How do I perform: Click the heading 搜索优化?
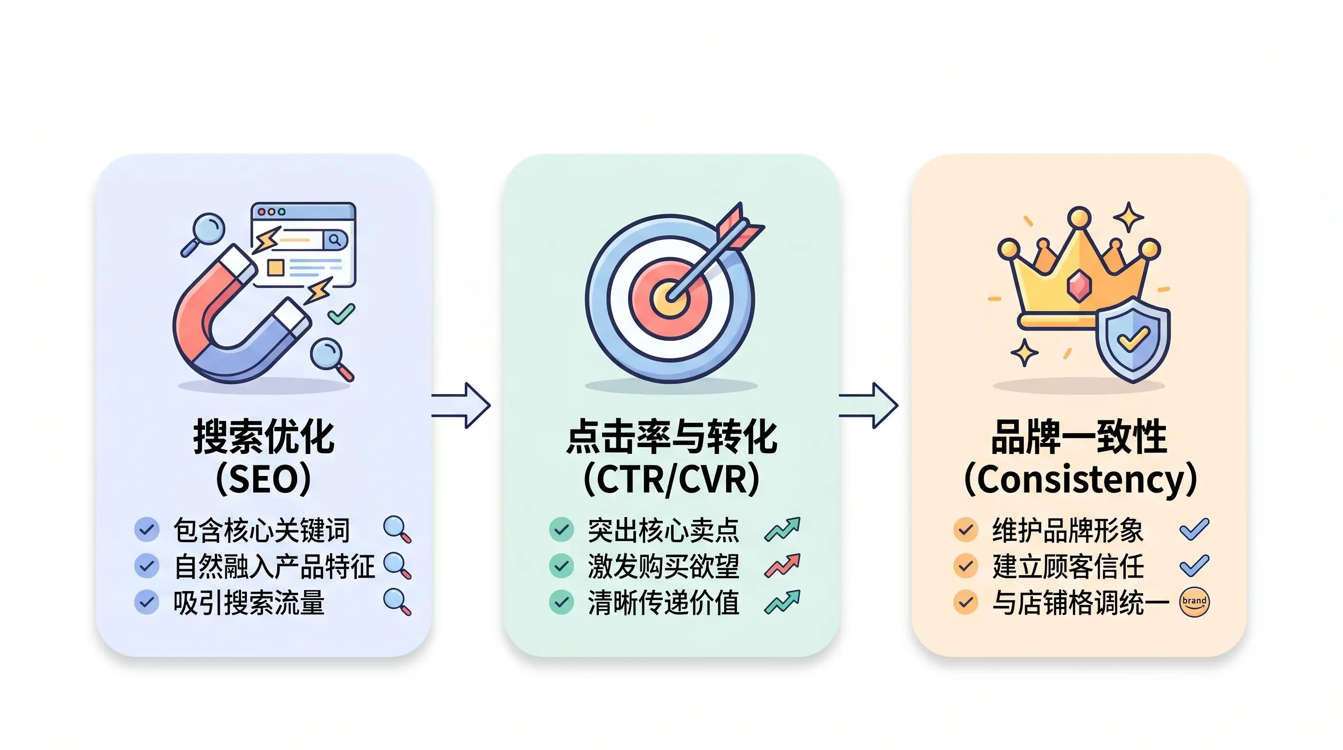point(264,437)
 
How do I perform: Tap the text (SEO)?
point(264,479)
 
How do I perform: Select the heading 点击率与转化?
point(671,437)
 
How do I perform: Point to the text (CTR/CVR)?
point(671,479)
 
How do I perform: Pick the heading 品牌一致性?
point(1079,437)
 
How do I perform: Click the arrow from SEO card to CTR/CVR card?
point(461,406)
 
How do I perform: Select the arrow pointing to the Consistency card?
point(869,406)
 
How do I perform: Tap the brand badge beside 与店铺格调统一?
point(1195,603)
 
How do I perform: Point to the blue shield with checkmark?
point(1132,339)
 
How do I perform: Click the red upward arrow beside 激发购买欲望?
point(782,566)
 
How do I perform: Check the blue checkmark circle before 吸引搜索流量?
point(147,603)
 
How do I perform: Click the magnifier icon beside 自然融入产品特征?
point(397,566)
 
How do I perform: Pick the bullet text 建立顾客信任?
point(1068,566)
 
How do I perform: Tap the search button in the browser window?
point(335,240)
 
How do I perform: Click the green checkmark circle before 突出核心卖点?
point(562,529)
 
